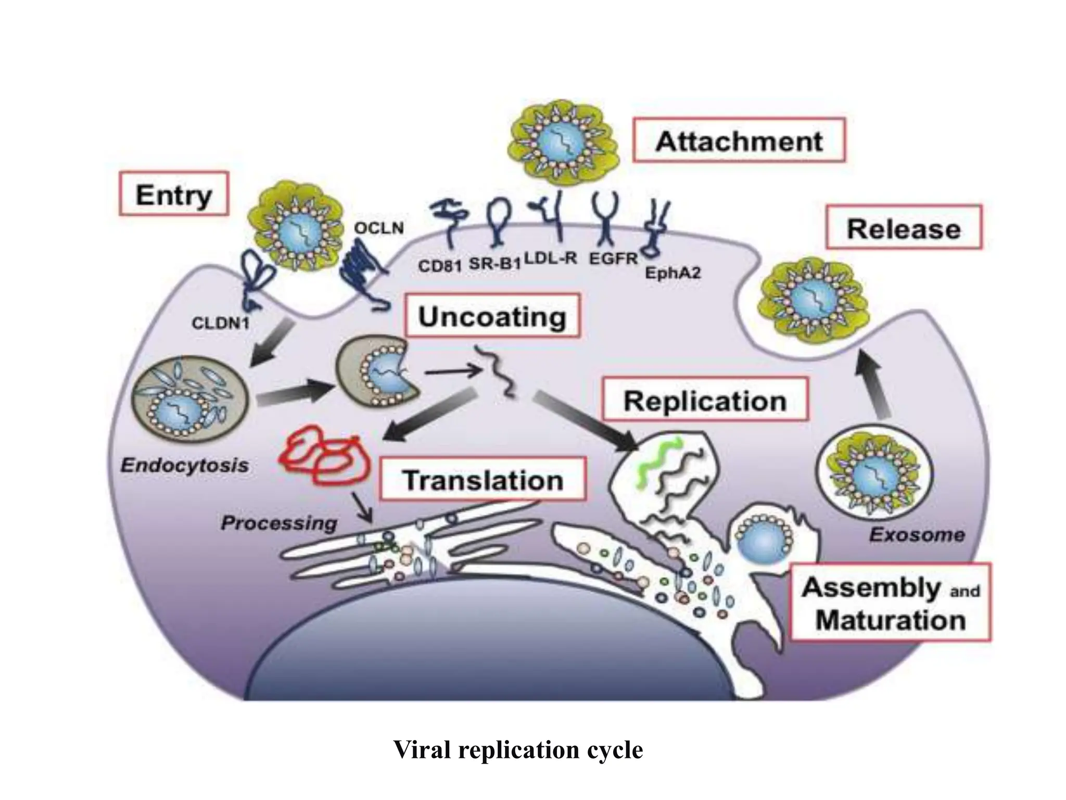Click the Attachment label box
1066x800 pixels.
pos(739,141)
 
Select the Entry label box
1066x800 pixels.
pos(174,194)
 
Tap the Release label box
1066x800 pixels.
pos(904,228)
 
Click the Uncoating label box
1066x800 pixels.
pos(492,316)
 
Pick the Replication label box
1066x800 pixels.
pos(705,400)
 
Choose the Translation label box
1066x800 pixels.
pos(483,479)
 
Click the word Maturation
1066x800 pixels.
pos(890,620)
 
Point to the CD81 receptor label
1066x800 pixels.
pos(440,266)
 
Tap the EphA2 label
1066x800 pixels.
pos(672,273)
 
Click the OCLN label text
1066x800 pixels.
pos(378,228)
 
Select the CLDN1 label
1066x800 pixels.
pos(221,323)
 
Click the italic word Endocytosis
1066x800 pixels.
pos(185,465)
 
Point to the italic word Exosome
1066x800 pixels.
pos(917,534)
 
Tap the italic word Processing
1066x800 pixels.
pos(279,522)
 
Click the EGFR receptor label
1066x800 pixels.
pos(613,258)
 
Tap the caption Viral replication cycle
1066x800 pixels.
pos(518,749)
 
